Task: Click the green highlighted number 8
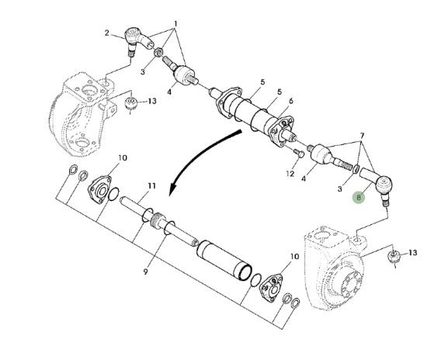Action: (x=359, y=197)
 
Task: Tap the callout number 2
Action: (x=106, y=33)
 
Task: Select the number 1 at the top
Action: (x=175, y=24)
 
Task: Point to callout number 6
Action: (x=291, y=101)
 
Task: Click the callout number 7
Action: (x=362, y=135)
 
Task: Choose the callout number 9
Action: (x=146, y=272)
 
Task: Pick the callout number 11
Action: (x=151, y=186)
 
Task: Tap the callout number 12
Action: (x=290, y=174)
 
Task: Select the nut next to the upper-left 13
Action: (x=131, y=102)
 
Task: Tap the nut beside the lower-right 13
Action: (x=394, y=255)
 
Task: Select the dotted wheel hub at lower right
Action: (x=335, y=268)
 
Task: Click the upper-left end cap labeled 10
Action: (x=99, y=189)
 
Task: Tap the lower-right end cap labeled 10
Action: (x=271, y=288)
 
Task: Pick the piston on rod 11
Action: (x=157, y=220)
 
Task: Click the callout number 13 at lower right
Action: (x=412, y=253)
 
